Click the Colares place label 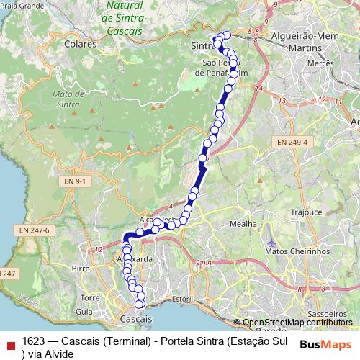(80, 44)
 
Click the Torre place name (91, 297)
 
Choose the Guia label (84, 312)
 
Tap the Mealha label (243, 224)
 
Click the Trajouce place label (307, 212)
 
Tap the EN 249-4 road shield (291, 143)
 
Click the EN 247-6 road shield (34, 230)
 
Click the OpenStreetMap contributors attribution (297, 323)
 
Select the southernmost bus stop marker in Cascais (140, 304)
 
